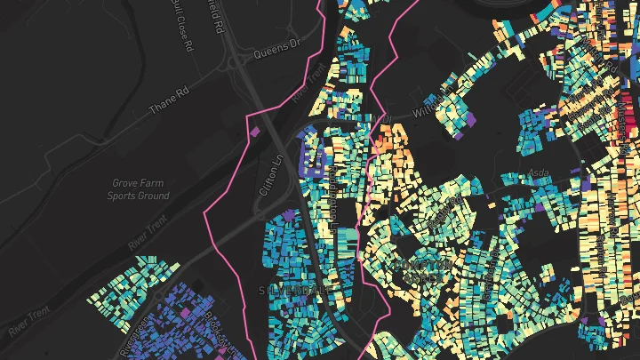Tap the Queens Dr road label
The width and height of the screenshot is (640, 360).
279,51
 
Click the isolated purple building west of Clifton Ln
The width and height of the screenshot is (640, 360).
256,132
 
